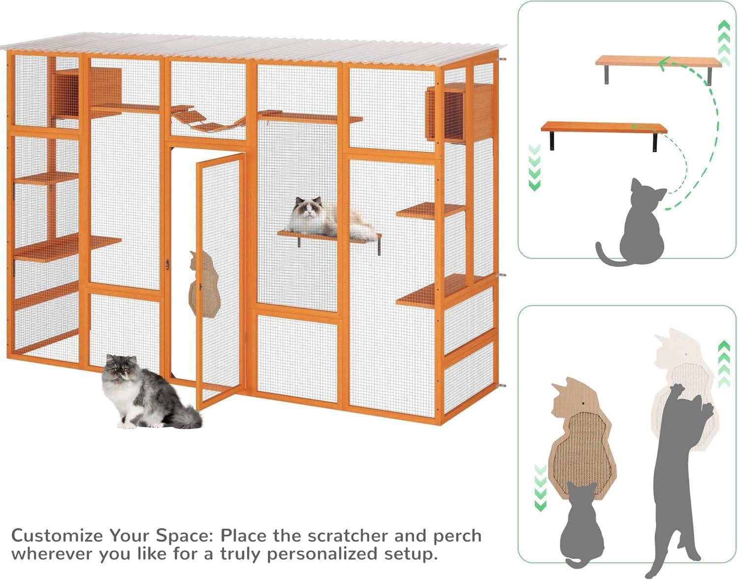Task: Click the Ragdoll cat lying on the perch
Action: point(331,219)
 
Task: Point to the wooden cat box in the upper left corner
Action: point(89,88)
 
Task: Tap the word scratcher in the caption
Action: point(347,535)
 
